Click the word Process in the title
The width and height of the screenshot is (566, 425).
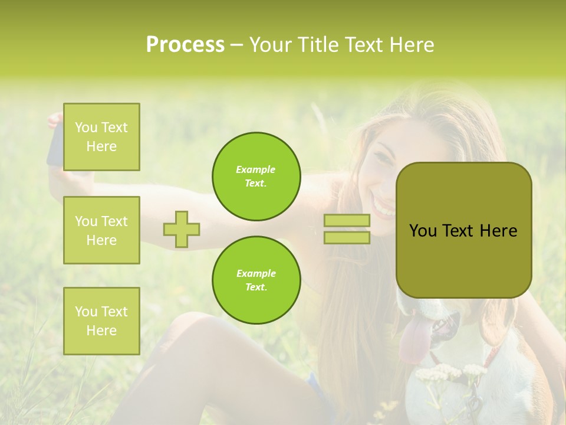click(x=185, y=45)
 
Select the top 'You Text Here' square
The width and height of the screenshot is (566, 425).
click(x=101, y=137)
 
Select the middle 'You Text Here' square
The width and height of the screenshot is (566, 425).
click(x=101, y=230)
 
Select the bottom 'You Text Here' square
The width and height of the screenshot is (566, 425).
click(x=101, y=321)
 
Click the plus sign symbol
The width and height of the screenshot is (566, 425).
click(x=182, y=229)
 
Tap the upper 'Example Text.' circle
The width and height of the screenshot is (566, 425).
click(x=256, y=176)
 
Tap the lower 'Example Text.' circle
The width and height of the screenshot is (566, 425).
click(x=256, y=280)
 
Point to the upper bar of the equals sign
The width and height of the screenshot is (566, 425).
click(x=347, y=221)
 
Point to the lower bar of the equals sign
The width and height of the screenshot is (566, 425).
click(x=347, y=237)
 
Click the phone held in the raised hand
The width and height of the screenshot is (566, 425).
click(x=55, y=145)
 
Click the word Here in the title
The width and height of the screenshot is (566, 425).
click(x=411, y=45)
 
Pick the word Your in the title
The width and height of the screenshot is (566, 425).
click(x=271, y=45)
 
